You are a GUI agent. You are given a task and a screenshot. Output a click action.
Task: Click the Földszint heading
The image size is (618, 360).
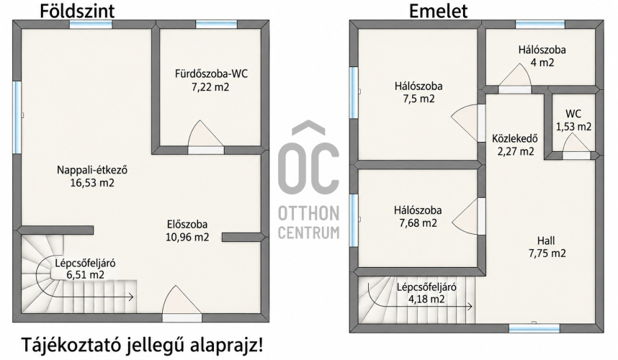pyautogui.click(x=77, y=10)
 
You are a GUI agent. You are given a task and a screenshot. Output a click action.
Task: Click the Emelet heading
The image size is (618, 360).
pyautogui.click(x=438, y=10)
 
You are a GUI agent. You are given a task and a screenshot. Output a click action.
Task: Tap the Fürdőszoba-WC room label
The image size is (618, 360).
pyautogui.click(x=211, y=74)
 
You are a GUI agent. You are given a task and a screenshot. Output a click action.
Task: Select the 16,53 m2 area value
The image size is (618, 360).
pyautogui.click(x=92, y=183)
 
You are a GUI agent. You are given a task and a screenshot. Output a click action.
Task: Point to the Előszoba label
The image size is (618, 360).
pyautogui.click(x=187, y=225)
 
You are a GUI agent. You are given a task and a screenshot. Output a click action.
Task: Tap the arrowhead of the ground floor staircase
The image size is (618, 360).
pyautogui.click(x=131, y=297)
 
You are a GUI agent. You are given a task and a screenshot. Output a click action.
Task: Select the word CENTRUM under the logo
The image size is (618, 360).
pyautogui.click(x=308, y=233)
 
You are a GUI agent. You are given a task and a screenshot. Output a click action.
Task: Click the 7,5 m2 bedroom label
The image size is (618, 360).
pyautogui.click(x=418, y=92)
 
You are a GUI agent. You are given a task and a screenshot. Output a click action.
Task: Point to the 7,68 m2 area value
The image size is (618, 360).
pyautogui.click(x=418, y=223)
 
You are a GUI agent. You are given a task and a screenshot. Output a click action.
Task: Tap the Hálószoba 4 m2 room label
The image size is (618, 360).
pyautogui.click(x=542, y=56)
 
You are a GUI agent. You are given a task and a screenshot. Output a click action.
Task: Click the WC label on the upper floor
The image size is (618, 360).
pyautogui.click(x=573, y=114)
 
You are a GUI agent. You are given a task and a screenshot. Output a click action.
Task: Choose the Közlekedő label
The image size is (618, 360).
pyautogui.click(x=515, y=139)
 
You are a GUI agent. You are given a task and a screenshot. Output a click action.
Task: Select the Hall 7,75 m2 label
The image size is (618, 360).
pyautogui.click(x=547, y=247)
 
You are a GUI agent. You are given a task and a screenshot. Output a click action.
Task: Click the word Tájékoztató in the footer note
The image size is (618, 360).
pyautogui.click(x=70, y=345)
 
